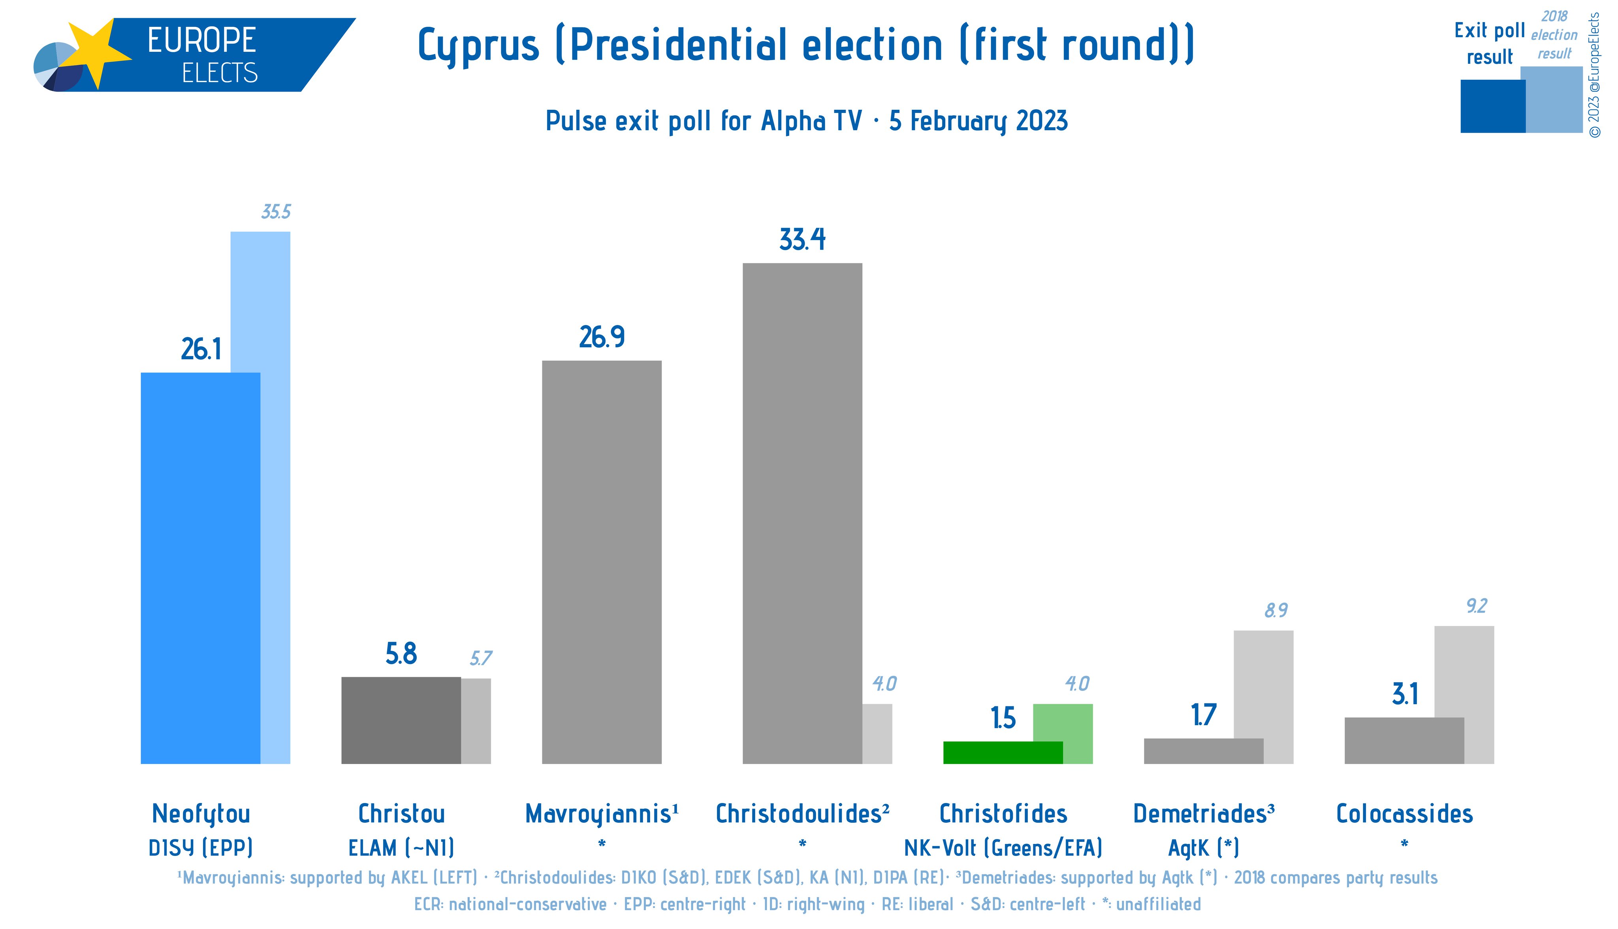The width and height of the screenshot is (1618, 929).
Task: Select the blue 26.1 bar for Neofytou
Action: pyautogui.click(x=200, y=568)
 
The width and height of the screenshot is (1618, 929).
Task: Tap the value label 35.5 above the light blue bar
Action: pyautogui.click(x=276, y=212)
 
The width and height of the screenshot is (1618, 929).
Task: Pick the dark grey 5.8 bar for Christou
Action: pyautogui.click(x=401, y=720)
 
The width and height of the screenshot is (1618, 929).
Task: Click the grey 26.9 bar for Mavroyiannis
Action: pyautogui.click(x=602, y=562)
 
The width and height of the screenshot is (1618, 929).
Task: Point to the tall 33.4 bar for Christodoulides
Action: pyautogui.click(x=802, y=513)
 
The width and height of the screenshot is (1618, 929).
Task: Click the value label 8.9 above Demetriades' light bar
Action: pyautogui.click(x=1276, y=611)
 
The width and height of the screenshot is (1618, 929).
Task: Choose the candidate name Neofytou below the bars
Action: pyautogui.click(x=201, y=814)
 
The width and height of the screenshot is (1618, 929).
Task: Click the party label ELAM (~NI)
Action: pyautogui.click(x=401, y=848)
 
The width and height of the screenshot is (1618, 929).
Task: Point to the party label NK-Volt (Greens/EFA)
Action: pyautogui.click(x=1003, y=848)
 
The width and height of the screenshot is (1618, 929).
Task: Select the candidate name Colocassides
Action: pyautogui.click(x=1404, y=814)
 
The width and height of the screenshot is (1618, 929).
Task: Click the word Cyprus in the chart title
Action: pyautogui.click(x=478, y=46)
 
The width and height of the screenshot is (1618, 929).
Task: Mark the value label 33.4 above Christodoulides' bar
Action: pyautogui.click(x=802, y=240)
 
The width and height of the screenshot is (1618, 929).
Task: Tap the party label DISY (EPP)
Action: pyautogui.click(x=201, y=848)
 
